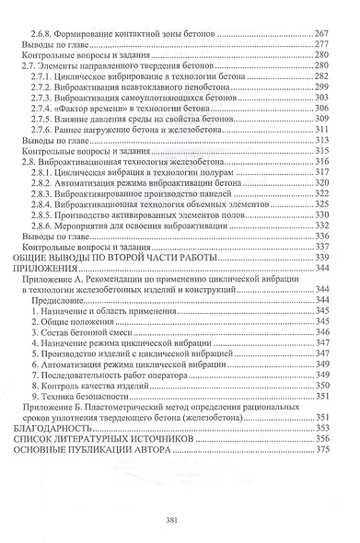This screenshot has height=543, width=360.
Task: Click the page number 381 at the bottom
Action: [180, 518]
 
